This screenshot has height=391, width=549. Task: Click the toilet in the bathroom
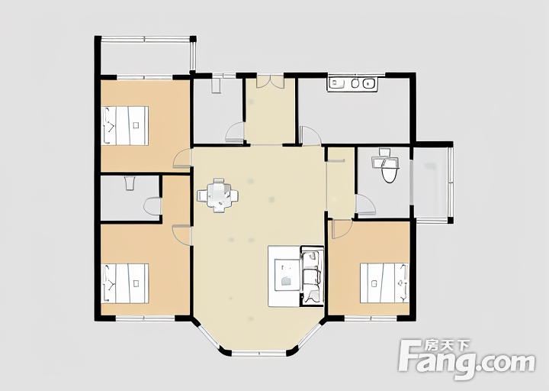coord(390,170)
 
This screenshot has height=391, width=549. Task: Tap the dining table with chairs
coord(218,195)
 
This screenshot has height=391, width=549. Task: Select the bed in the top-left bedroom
coord(125,125)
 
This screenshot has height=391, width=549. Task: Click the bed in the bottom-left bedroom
coord(125,283)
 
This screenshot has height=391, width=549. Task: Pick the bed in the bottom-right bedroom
coord(384,283)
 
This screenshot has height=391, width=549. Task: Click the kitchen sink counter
coord(352,83)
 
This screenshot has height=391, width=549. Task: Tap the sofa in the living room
coord(312,276)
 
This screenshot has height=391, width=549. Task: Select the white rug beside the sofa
coord(284,276)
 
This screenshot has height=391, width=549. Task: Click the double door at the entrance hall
coord(270,82)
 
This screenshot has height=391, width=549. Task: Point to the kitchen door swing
coord(310,136)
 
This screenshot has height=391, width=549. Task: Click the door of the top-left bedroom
coord(182,159)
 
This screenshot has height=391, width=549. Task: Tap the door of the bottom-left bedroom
coord(181,234)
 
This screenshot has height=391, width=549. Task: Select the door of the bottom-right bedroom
coord(342,229)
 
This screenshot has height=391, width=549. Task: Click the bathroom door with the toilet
coord(365,205)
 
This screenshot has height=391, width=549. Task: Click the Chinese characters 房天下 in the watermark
coord(447,346)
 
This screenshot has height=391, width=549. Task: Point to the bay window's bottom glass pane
coord(259,353)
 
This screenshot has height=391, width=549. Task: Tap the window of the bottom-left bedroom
coord(145,318)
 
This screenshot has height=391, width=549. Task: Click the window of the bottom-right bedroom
coord(371,318)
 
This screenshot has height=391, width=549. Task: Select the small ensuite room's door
coord(152,206)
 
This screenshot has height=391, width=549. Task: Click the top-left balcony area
coord(146,58)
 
